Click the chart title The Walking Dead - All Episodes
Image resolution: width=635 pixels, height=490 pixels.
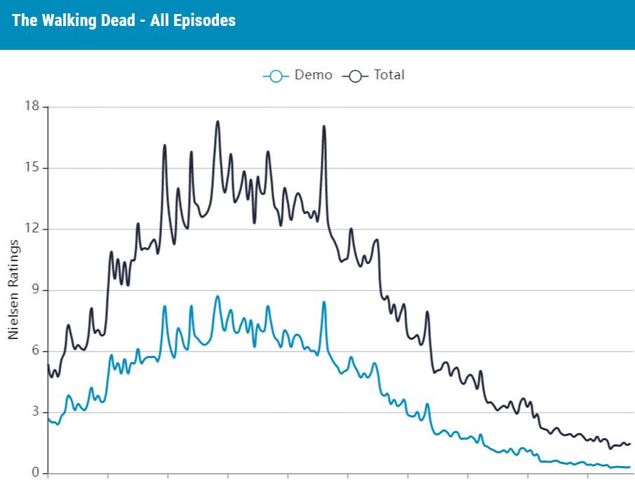pos(123,20)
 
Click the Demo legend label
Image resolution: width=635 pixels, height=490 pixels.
pos(313,75)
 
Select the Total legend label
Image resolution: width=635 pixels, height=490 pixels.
pos(389,75)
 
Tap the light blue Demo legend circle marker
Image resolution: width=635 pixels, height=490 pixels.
pos(276,76)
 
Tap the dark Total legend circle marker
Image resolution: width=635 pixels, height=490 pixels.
pos(355,76)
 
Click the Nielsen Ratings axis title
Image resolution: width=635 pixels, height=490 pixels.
pos(13,289)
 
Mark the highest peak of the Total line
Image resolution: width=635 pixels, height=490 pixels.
pos(218,121)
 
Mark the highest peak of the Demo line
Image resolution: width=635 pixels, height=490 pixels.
pos(218,296)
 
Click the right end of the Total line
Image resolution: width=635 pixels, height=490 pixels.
pos(629,444)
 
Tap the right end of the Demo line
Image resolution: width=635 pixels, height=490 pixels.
pos(629,467)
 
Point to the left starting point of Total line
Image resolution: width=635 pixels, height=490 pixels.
pos(48,366)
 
